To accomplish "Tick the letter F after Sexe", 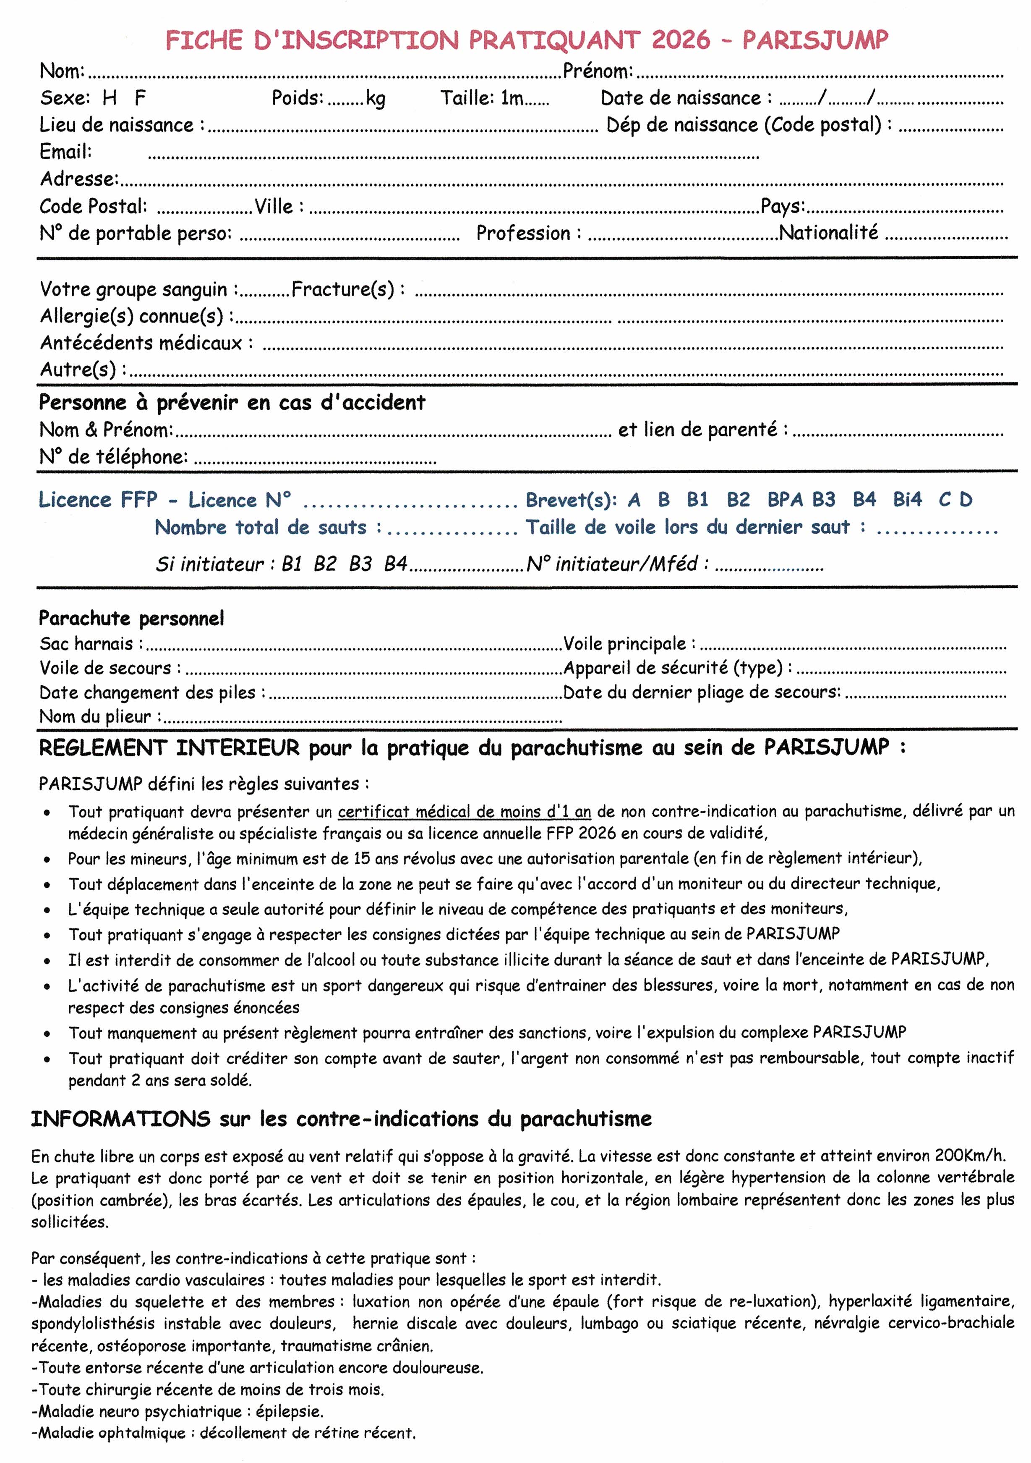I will coord(140,98).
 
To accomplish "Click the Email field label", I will coord(65,152).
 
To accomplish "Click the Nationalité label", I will coord(828,233).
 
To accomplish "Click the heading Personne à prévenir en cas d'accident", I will coord(232,403).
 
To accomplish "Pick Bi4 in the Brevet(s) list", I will coord(907,500).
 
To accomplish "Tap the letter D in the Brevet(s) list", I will coord(966,500).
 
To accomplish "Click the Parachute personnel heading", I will coord(131,618).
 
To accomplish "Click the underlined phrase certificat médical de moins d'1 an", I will coord(464,812).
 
